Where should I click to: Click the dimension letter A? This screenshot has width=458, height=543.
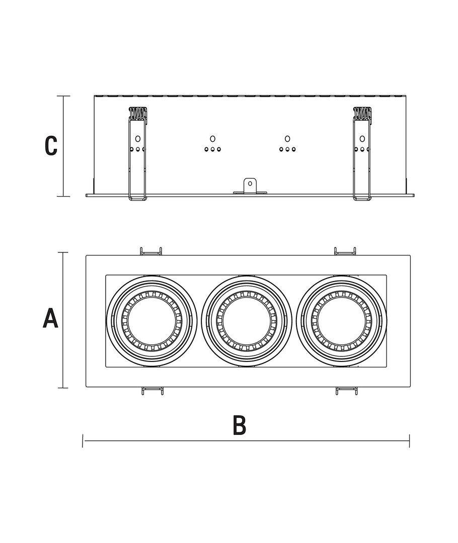(x=50, y=319)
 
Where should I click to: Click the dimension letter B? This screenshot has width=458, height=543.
(x=240, y=425)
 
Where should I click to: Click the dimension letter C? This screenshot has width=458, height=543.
(x=51, y=146)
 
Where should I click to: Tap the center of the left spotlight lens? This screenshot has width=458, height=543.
(x=150, y=321)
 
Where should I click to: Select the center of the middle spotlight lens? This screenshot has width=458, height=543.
(x=246, y=321)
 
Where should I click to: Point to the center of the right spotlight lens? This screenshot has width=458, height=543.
(x=341, y=321)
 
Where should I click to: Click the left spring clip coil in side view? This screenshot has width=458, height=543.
(x=137, y=114)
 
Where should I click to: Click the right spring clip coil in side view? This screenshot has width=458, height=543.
(x=362, y=114)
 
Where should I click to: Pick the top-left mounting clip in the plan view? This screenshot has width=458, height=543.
(x=150, y=251)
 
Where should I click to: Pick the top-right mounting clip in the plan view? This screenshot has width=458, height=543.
(x=345, y=251)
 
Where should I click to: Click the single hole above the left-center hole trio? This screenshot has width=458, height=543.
(x=212, y=138)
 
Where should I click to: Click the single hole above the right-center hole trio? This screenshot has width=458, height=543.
(x=287, y=138)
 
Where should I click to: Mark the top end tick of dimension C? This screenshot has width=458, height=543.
(x=63, y=96)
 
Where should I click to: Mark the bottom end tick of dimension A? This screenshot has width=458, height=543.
(x=63, y=388)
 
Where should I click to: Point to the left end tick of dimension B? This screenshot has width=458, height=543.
(x=83, y=441)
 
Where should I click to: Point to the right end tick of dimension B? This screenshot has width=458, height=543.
(x=409, y=441)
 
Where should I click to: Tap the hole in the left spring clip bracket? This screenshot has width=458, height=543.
(x=137, y=138)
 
